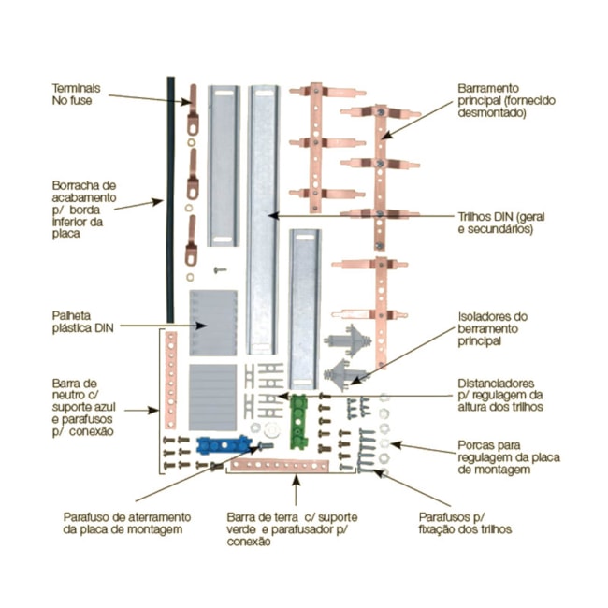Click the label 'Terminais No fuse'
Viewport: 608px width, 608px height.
76,93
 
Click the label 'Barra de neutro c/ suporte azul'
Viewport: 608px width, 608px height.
88,407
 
